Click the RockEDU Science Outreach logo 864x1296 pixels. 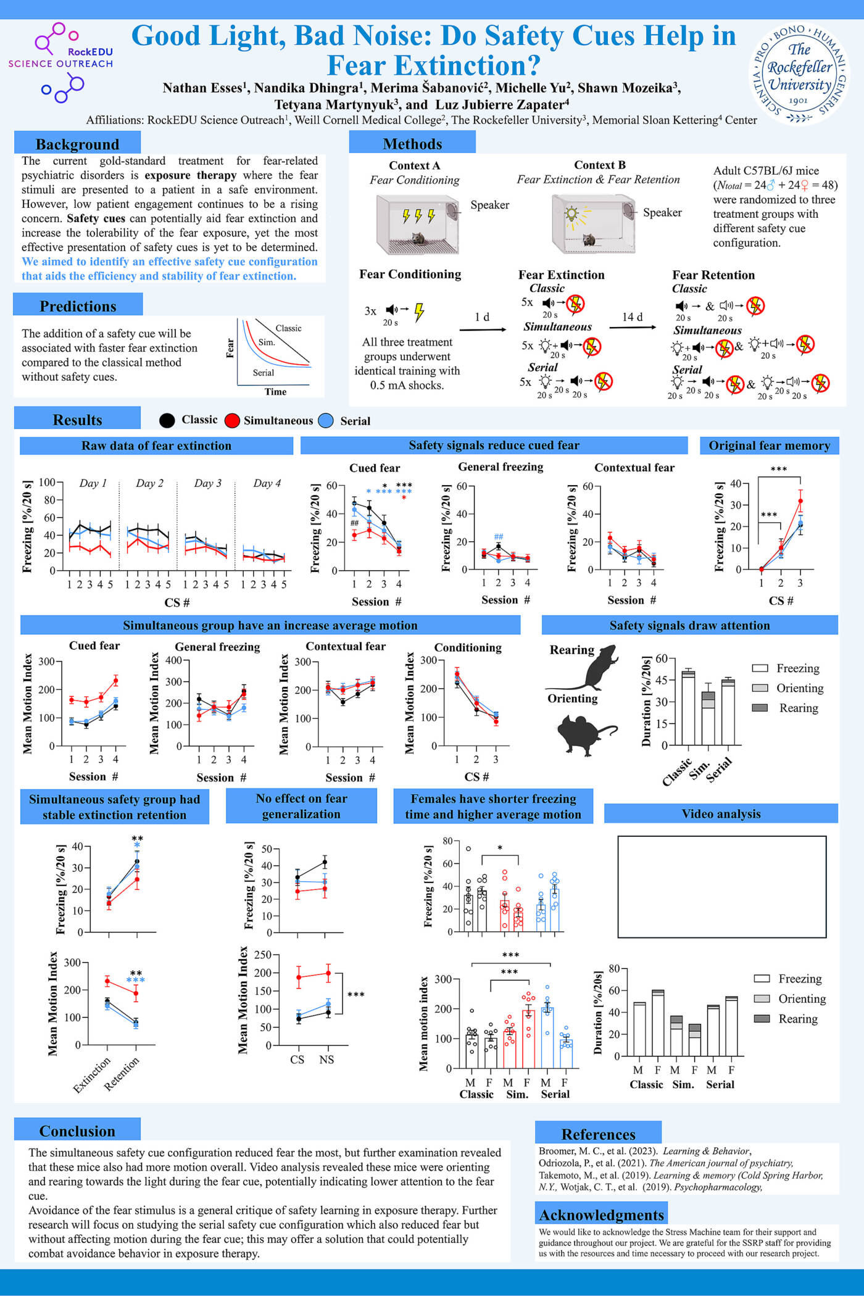(60, 62)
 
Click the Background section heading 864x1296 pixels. (77, 144)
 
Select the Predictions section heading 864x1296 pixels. (78, 306)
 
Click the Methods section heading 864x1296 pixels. (412, 143)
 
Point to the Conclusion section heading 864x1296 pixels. (77, 1131)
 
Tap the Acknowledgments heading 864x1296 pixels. (602, 1215)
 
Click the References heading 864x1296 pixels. (598, 1134)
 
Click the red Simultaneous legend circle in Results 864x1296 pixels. (232, 421)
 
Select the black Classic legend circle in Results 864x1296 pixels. (167, 420)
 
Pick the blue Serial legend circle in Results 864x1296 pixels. (326, 421)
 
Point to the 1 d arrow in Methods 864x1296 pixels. (483, 329)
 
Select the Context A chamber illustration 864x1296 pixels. (418, 223)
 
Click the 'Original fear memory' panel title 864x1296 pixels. (769, 446)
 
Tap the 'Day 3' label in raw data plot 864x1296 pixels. (207, 483)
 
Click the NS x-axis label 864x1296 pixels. (326, 1060)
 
